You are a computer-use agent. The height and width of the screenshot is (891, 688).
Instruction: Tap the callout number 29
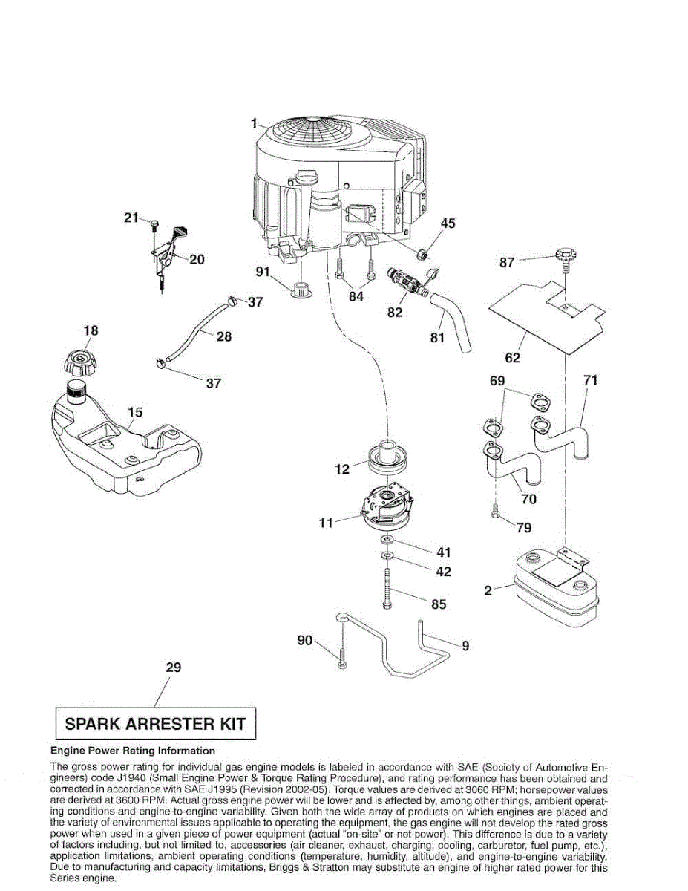[173, 668]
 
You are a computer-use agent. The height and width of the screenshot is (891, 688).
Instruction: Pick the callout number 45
[448, 223]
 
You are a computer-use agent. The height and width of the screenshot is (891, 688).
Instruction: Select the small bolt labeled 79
[496, 512]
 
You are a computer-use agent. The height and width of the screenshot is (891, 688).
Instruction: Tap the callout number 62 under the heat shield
[513, 358]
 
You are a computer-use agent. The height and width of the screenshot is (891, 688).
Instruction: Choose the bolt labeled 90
[341, 657]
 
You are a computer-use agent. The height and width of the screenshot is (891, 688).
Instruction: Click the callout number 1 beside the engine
[253, 123]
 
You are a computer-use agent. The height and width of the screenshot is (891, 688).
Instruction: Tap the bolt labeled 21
[154, 223]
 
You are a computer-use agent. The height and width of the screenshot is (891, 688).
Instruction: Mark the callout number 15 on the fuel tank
[135, 412]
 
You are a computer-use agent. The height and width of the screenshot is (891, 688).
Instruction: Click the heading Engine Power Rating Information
[132, 751]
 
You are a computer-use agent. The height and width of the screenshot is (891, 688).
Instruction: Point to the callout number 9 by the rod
[465, 646]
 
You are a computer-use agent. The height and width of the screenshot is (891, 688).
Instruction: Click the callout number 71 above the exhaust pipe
[591, 380]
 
